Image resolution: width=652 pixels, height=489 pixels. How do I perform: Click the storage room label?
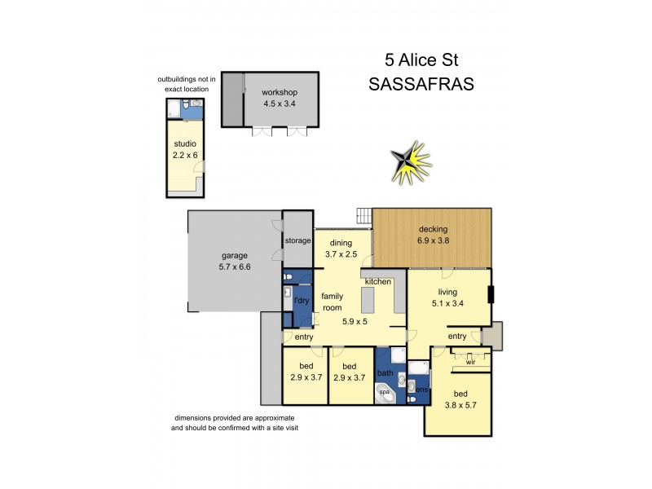pos(297,241)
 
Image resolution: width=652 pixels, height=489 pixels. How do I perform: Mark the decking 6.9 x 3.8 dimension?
pos(433,240)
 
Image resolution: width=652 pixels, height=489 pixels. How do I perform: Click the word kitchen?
pos(378,281)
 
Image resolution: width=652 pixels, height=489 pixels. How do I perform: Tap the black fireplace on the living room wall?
pos(490,294)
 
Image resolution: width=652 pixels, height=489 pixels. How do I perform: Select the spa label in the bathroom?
pos(385,392)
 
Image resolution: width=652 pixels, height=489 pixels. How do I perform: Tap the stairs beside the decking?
pos(364,216)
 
